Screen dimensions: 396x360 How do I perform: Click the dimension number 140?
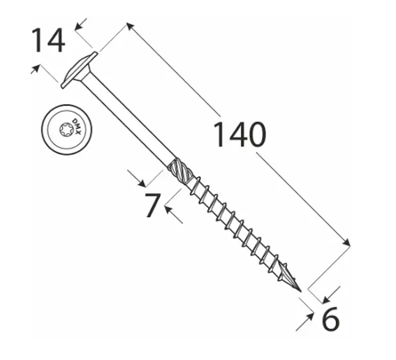[240, 134]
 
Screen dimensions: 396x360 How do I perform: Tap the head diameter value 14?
[48, 40]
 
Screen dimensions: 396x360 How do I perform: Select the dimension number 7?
[153, 205]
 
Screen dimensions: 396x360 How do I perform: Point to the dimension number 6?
[331, 318]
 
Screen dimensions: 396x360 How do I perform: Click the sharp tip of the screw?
[301, 292]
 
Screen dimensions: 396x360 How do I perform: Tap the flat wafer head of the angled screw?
[79, 70]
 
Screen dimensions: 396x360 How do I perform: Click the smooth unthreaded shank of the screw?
[128, 119]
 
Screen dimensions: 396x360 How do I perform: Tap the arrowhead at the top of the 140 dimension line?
[130, 26]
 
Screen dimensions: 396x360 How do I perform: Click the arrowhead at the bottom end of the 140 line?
[346, 242]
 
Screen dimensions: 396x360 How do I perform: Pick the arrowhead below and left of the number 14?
[36, 68]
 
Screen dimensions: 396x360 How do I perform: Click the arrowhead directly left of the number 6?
[309, 316]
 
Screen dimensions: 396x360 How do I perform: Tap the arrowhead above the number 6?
[327, 299]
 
